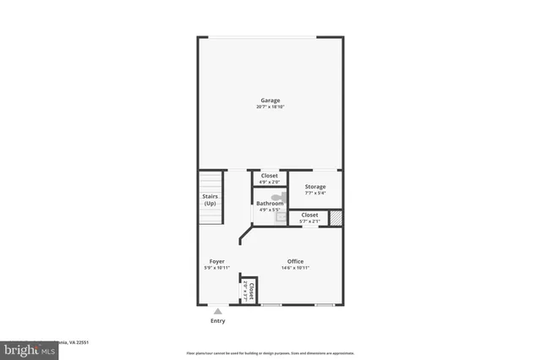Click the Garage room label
tap(270, 101)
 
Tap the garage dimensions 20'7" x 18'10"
tap(270, 107)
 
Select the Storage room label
tap(314, 186)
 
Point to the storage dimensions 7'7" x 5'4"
tap(314, 194)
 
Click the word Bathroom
tap(270, 203)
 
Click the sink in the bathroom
tap(281, 217)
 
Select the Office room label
tap(295, 261)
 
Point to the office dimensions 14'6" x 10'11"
tap(295, 268)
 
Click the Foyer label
tap(217, 261)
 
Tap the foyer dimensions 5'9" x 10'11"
tap(217, 268)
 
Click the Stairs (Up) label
tap(210, 200)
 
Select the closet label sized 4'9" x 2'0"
tap(270, 176)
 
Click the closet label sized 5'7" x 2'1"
tap(310, 215)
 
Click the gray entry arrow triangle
tap(218, 311)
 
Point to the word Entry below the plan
tap(218, 321)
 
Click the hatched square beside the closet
tap(336, 218)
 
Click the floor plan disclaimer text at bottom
tap(270, 353)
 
